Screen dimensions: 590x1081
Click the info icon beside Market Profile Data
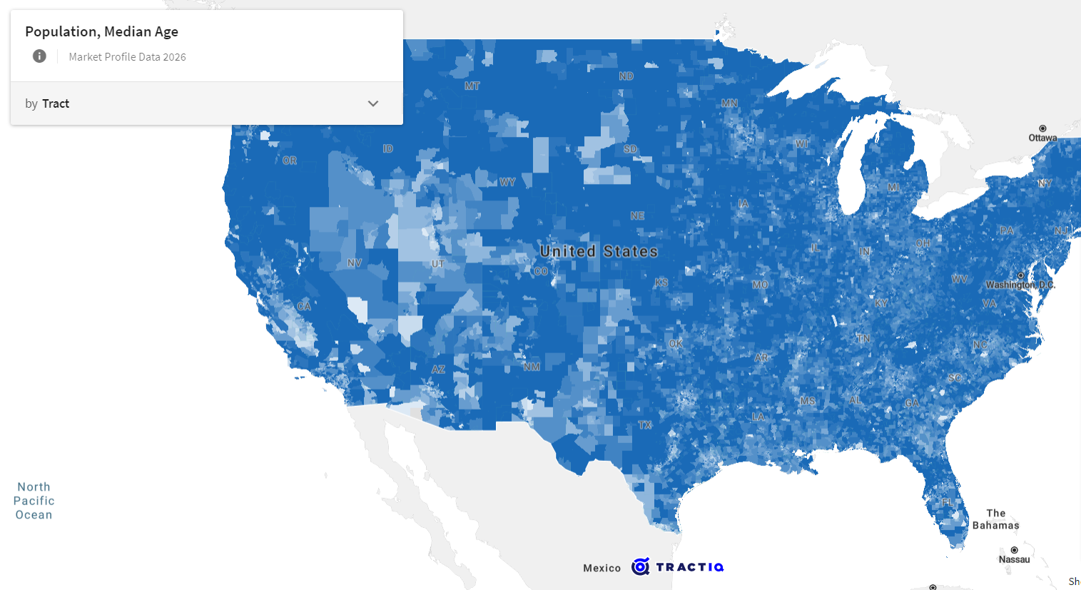(39, 56)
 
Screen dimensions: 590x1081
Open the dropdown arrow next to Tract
(372, 103)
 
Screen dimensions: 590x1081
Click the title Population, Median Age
(101, 31)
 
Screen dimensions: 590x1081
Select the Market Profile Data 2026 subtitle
(127, 57)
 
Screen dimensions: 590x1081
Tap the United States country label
(599, 251)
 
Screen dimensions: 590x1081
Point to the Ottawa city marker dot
(1042, 128)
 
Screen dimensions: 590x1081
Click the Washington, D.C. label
(1020, 285)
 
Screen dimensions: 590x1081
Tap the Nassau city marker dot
(1014, 550)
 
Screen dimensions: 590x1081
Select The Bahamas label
(995, 519)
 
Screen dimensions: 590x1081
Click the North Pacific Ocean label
(34, 501)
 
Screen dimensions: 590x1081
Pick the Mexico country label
(602, 568)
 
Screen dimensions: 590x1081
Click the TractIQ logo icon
(641, 566)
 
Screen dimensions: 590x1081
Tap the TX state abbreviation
(645, 424)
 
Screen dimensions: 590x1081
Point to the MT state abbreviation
(472, 86)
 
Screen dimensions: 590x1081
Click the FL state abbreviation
(946, 502)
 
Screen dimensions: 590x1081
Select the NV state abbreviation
(354, 263)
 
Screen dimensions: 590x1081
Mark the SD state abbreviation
(630, 149)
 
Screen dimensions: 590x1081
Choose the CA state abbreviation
(304, 306)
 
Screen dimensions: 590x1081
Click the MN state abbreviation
(729, 103)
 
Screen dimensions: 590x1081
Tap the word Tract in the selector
(56, 103)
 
